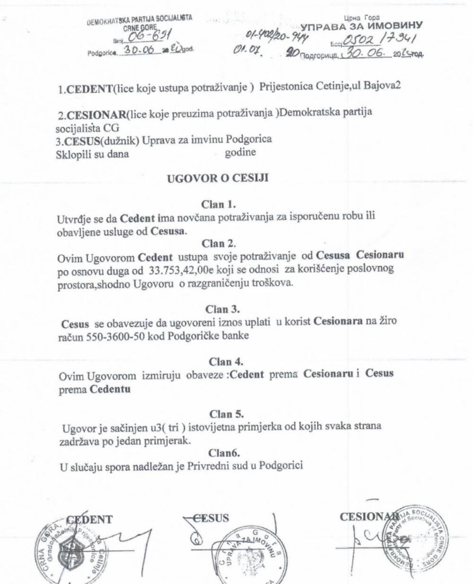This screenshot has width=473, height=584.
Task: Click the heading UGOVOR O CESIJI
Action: click(x=218, y=178)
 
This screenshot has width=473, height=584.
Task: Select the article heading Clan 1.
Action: click(x=219, y=205)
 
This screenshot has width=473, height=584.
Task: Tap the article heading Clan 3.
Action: click(x=222, y=309)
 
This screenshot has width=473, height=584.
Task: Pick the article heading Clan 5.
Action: click(x=227, y=414)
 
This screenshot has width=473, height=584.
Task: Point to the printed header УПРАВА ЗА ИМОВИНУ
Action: click(x=362, y=26)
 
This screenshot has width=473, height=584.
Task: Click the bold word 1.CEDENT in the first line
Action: click(x=79, y=90)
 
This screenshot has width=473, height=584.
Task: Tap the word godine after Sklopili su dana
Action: click(x=240, y=153)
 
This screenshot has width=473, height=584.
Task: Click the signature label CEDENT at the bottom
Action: click(x=89, y=519)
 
